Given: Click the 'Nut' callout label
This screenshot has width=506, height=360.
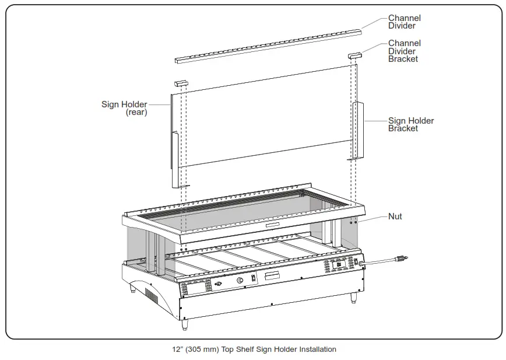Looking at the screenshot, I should (395, 216).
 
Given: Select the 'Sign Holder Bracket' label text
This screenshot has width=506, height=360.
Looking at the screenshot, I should (411, 124).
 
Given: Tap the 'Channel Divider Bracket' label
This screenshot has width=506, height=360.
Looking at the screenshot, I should (404, 51).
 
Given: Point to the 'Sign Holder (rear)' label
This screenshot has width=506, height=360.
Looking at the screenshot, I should (124, 109).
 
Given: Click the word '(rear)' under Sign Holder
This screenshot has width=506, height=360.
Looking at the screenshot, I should (136, 113).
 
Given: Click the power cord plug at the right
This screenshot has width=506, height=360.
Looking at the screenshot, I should (401, 258).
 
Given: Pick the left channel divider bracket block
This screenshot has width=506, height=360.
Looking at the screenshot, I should (181, 84).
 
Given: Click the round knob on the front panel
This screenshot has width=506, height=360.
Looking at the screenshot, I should (240, 281).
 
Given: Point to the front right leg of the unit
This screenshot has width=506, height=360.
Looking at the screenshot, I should (353, 297).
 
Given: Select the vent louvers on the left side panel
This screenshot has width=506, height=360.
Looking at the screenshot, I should (150, 295).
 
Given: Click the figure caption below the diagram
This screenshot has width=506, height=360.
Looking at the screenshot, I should (254, 349).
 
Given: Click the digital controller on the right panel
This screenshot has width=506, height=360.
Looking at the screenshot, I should (338, 265).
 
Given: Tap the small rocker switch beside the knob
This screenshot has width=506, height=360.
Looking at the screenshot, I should (253, 279).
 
